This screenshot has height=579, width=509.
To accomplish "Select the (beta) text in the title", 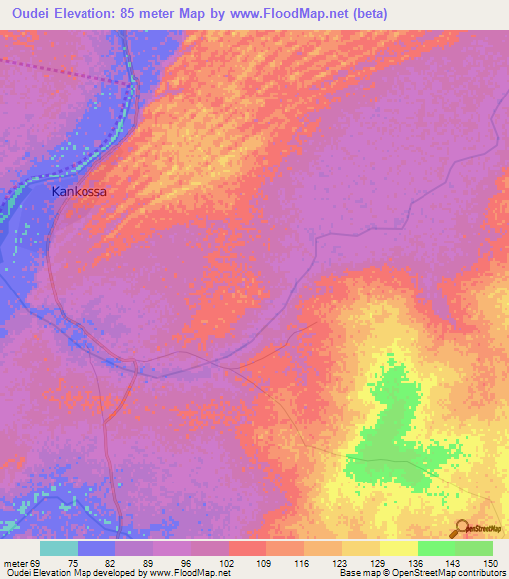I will [x=366, y=14].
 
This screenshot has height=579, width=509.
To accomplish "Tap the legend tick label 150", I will [x=489, y=563].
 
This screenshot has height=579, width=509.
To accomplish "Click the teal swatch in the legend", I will [x=59, y=548].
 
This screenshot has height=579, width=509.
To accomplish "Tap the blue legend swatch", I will [x=96, y=548].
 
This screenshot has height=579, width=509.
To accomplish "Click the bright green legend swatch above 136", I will [x=435, y=548].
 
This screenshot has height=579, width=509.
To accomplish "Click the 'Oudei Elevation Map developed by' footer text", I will [x=70, y=573].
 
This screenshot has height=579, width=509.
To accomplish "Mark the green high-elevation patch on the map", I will [x=393, y=438].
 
